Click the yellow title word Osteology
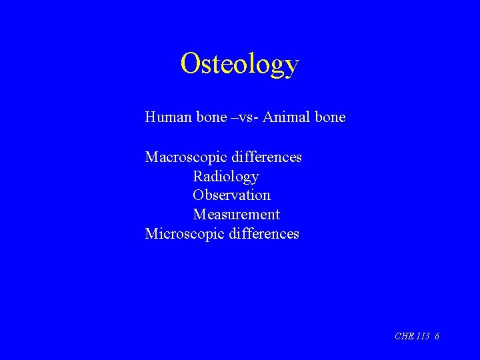click(x=239, y=64)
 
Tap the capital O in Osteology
click(x=190, y=63)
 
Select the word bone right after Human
click(x=212, y=118)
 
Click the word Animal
click(x=287, y=118)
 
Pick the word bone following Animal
click(x=330, y=118)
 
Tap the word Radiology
click(x=226, y=177)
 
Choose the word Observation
click(x=231, y=195)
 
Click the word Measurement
click(x=236, y=215)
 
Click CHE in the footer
click(x=404, y=336)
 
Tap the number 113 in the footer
click(x=423, y=336)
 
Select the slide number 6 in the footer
click(x=437, y=336)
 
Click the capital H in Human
click(x=151, y=118)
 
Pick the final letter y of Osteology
click(x=291, y=67)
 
